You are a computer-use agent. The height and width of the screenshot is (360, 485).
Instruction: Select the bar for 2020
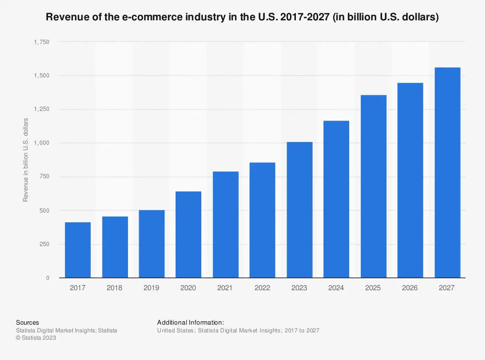188,235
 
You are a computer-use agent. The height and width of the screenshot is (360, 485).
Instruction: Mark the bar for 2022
262,220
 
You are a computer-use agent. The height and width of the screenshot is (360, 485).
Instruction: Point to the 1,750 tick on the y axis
41,42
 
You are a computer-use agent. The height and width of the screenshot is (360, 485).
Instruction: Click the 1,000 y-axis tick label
41,143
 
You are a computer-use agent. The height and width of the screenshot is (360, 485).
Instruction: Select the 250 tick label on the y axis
44,244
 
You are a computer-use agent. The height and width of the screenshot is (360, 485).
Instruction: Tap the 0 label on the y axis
47,278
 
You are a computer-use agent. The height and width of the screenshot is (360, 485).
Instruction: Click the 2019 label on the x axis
151,288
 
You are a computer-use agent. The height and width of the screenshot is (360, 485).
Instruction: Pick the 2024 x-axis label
336,288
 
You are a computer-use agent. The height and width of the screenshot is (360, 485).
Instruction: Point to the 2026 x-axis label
410,288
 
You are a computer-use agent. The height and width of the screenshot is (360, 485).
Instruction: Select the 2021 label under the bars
226,288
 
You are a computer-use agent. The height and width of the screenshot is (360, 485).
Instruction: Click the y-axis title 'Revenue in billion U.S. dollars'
26,160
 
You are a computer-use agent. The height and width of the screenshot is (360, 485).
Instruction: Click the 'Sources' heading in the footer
28,322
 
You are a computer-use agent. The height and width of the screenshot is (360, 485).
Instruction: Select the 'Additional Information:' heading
191,322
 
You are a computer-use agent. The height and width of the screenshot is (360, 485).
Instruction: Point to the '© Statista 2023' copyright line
36,338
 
